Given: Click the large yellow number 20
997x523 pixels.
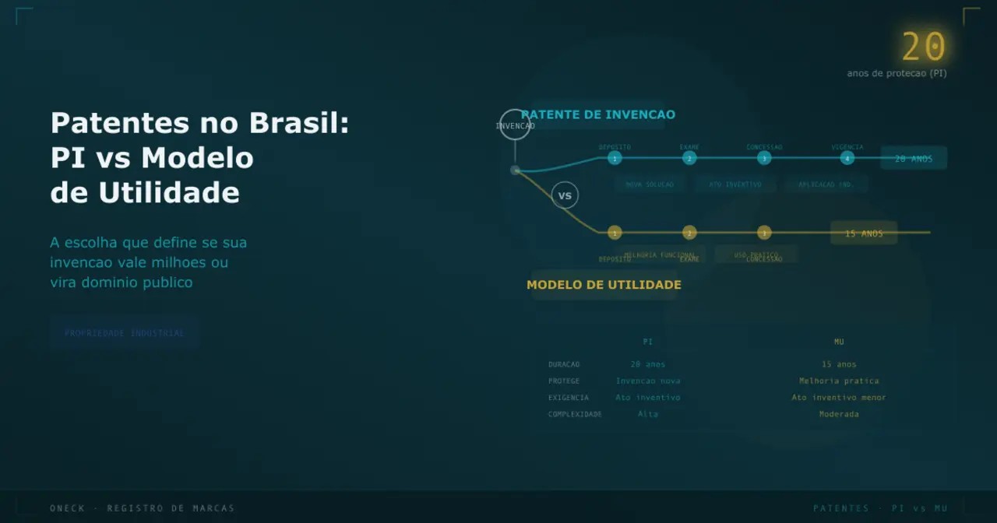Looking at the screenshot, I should coord(924,47).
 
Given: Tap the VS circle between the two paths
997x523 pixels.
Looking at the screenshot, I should coord(565,195).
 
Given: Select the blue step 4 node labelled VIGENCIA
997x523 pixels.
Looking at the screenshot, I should coord(847,159).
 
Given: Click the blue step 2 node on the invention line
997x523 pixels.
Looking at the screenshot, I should coord(689,159).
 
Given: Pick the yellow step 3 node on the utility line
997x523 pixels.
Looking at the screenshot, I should coord(764,233).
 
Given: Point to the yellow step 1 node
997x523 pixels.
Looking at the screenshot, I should coord(615,233).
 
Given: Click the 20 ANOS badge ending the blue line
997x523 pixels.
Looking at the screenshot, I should coord(914,158).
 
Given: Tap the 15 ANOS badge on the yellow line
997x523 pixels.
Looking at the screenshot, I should coord(864,233).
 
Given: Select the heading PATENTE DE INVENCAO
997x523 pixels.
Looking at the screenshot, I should coord(598,114).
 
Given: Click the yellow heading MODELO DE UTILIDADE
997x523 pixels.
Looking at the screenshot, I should coord(604,285).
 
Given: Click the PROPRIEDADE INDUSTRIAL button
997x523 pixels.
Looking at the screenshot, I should coord(125,333).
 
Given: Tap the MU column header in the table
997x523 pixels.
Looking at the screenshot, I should coord(839,342).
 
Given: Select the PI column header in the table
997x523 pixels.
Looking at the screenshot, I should coord(648,342).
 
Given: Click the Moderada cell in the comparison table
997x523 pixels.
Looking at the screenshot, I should coord(839,414).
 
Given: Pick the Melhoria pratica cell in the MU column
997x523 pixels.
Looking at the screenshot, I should coord(839,381).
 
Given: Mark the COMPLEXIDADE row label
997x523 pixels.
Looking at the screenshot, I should coord(575,414).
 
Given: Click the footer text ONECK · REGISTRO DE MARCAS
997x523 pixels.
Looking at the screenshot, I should coord(142,508).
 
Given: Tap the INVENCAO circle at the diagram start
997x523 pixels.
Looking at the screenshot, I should coord(515,125).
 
